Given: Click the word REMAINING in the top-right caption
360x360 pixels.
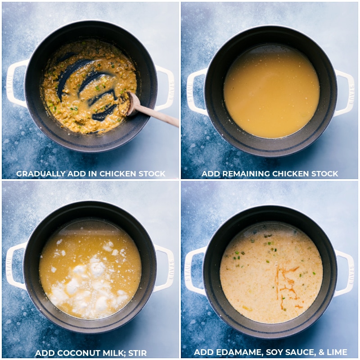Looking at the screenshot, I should click(x=240, y=174).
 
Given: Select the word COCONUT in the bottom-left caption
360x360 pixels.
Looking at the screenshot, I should click(x=75, y=353).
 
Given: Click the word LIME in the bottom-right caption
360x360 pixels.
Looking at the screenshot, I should click(x=337, y=352).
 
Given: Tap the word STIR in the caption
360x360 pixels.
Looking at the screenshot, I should click(x=137, y=353).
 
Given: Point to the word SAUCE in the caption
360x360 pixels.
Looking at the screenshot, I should click(x=297, y=352).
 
